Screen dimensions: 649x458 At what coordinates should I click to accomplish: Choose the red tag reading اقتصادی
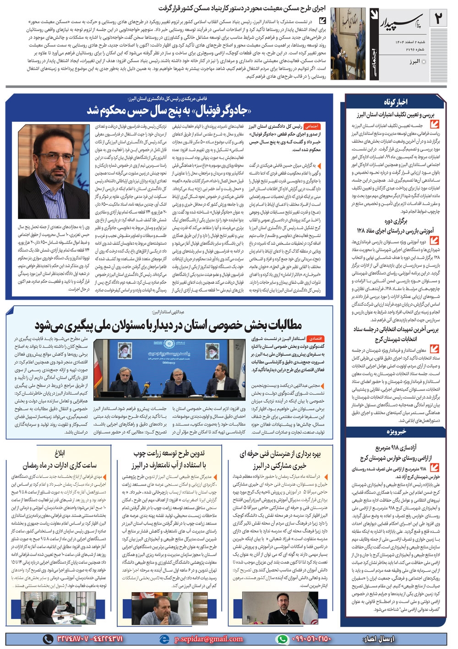click(316, 339)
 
